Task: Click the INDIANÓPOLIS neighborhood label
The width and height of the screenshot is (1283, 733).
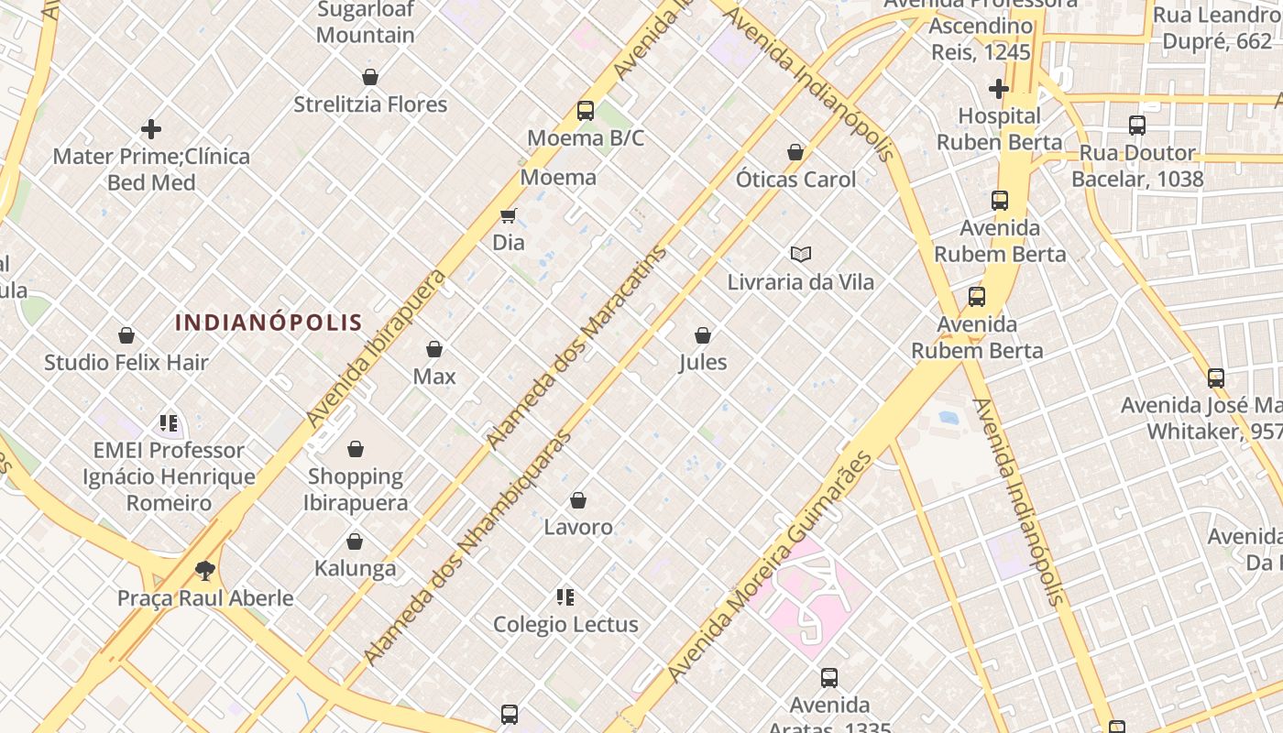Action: click(x=269, y=323)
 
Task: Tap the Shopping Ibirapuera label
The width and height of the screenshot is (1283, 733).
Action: click(x=356, y=489)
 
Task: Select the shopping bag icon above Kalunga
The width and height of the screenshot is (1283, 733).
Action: click(x=355, y=542)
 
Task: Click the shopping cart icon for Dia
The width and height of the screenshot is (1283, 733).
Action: click(x=509, y=215)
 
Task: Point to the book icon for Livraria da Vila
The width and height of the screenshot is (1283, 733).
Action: click(x=801, y=254)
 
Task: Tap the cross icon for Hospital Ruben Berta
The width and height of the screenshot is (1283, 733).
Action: click(x=999, y=89)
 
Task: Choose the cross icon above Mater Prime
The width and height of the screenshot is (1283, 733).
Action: click(x=151, y=129)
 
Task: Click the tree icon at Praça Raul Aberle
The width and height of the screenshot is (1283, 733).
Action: click(x=205, y=571)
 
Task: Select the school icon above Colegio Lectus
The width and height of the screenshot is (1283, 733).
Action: click(x=565, y=597)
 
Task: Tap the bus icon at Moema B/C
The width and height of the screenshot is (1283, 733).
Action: click(x=586, y=111)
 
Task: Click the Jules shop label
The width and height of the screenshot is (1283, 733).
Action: click(x=703, y=362)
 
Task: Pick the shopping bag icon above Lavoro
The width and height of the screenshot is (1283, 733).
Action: click(x=578, y=500)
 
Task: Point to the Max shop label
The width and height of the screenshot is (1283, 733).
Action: click(x=434, y=376)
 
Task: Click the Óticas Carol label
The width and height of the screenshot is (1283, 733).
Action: click(x=795, y=180)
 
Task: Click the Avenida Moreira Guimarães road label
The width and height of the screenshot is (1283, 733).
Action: click(x=770, y=566)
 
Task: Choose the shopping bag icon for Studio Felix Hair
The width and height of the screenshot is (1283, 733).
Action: click(x=126, y=335)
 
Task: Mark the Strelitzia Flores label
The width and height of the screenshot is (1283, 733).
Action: click(x=370, y=104)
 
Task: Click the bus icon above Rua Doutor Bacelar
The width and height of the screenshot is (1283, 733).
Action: click(x=1137, y=126)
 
